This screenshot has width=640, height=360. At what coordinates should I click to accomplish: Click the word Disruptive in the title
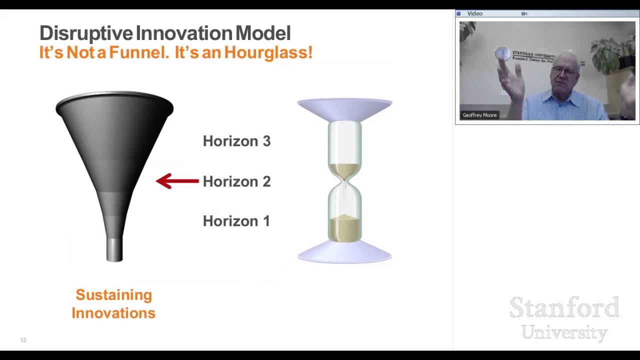pyautogui.click(x=86, y=33)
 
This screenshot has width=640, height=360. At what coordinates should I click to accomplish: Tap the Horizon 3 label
pyautogui.click(x=236, y=141)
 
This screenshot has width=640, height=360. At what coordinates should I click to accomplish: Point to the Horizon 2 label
pyautogui.click(x=236, y=181)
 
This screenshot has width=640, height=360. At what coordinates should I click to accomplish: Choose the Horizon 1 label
pyautogui.click(x=236, y=221)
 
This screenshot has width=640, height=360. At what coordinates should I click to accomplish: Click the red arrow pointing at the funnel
pyautogui.click(x=177, y=181)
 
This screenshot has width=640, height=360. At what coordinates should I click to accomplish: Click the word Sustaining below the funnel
pyautogui.click(x=113, y=295)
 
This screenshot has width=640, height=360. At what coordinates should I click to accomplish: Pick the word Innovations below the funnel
pyautogui.click(x=113, y=313)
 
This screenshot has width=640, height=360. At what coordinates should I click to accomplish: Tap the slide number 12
pyautogui.click(x=23, y=340)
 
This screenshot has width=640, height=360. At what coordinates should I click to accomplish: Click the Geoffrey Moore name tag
pyautogui.click(x=479, y=115)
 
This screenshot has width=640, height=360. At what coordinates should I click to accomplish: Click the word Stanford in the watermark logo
pyautogui.click(x=564, y=307)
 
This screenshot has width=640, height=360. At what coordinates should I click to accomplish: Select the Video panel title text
pyautogui.click(x=474, y=13)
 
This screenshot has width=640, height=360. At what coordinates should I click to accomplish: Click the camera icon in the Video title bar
pyautogui.click(x=524, y=13)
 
